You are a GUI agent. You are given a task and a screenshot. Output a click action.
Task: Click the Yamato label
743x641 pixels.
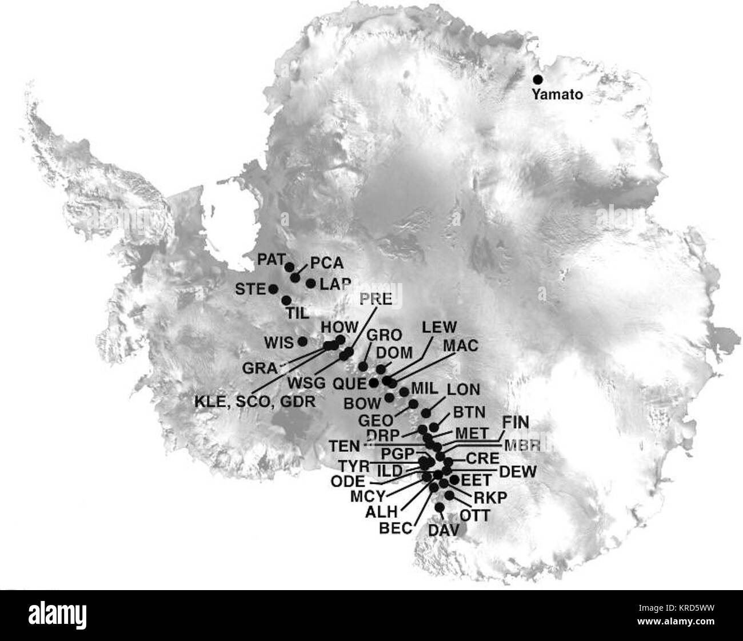tap(557, 95)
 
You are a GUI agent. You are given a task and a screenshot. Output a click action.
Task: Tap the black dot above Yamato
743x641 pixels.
tap(537, 79)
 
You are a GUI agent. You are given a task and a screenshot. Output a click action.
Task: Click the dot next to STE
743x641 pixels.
tap(273, 289)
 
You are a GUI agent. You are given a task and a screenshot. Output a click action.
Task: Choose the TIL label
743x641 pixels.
tap(296, 313)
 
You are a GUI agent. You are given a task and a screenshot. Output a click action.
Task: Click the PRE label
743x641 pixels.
tap(376, 298)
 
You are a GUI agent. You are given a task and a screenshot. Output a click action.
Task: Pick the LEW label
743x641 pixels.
tap(439, 327)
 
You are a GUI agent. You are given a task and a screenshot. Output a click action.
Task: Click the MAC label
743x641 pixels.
tap(460, 346)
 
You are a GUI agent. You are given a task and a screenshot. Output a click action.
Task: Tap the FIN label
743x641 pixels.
tap(516, 423)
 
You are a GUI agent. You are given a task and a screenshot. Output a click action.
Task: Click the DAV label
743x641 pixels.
tap(444, 531)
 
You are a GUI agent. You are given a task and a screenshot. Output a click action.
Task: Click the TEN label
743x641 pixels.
tap(345, 445)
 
